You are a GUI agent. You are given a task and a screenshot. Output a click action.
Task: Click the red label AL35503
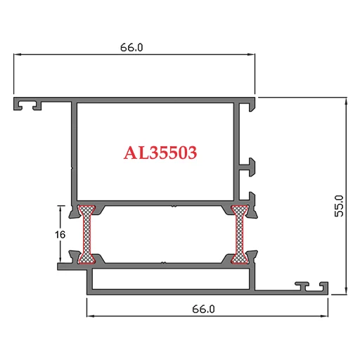click(x=160, y=153)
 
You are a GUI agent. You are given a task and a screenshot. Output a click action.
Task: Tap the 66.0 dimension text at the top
click(x=131, y=48)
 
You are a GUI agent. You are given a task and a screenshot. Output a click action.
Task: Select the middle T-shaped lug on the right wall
click(x=249, y=167)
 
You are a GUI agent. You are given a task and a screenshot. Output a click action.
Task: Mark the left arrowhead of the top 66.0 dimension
click(x=18, y=54)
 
